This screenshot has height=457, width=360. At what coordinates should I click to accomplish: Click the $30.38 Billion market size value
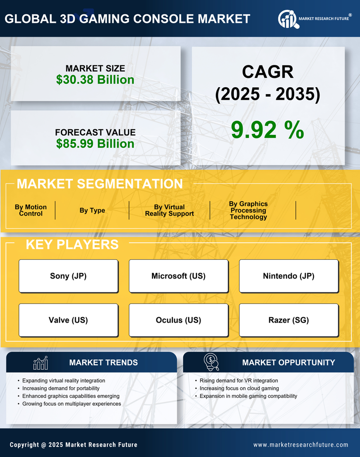(95, 80)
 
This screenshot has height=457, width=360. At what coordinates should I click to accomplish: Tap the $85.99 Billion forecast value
(95, 144)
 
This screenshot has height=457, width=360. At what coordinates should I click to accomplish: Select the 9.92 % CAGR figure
(267, 130)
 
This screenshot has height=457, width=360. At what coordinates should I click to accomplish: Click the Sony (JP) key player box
(68, 276)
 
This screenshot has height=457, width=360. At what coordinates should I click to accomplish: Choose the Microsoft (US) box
(178, 276)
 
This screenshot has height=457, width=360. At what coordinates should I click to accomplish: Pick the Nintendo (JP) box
(289, 276)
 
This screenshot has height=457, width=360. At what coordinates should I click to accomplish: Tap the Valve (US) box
(68, 320)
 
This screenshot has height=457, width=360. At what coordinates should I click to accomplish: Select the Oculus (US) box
(178, 320)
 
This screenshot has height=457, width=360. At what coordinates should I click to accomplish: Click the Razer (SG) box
(289, 320)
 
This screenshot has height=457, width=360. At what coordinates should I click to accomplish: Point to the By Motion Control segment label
(31, 211)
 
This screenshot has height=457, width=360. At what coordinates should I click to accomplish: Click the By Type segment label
(92, 211)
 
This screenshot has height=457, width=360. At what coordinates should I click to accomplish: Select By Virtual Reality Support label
(169, 211)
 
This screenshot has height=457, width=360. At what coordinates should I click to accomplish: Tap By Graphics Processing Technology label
(248, 211)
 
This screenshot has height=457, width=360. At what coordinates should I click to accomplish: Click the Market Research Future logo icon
(288, 19)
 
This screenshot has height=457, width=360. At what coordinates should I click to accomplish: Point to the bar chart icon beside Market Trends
(41, 363)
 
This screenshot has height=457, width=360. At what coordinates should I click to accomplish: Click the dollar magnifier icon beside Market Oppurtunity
(211, 362)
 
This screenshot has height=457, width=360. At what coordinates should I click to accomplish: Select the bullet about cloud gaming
(239, 389)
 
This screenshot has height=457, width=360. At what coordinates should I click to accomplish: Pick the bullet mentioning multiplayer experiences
(72, 404)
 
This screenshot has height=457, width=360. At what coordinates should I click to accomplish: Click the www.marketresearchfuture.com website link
(301, 445)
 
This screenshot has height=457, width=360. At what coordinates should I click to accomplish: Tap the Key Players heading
(72, 244)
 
